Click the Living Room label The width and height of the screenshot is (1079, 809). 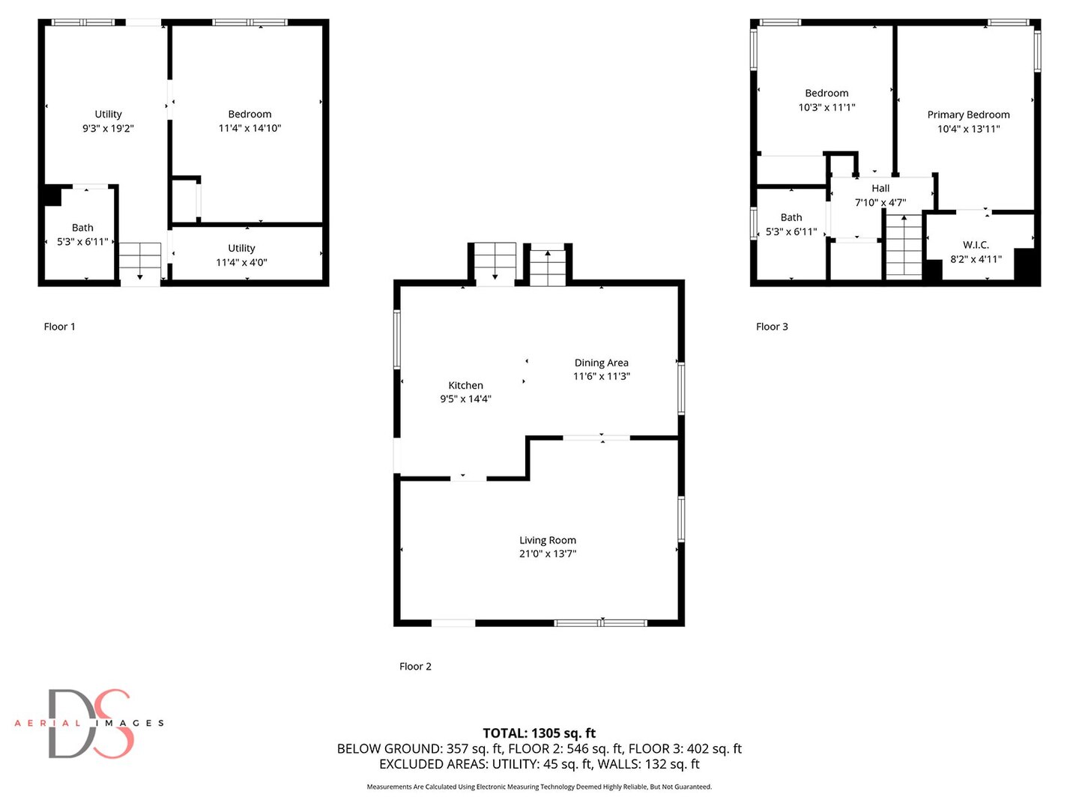point(548,540)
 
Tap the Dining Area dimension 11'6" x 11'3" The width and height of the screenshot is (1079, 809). point(601,377)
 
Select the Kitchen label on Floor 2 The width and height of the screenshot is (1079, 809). point(465,385)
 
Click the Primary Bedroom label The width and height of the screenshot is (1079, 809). point(968,115)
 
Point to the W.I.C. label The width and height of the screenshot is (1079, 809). point(976,245)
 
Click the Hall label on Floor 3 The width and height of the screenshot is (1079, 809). point(880,188)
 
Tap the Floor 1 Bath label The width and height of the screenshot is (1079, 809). point(82,228)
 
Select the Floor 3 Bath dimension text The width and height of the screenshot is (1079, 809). point(791,232)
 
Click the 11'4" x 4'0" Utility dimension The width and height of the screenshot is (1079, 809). point(241,263)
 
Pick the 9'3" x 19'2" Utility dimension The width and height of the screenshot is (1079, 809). point(108,129)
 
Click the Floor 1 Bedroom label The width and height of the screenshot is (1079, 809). point(250,114)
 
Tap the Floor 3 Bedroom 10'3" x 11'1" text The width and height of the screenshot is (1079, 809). point(826,108)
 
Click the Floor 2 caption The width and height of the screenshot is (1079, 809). point(415,667)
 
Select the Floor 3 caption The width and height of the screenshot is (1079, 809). point(772,327)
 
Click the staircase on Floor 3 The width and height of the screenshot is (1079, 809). point(904,246)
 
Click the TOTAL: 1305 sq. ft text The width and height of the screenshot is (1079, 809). point(539,733)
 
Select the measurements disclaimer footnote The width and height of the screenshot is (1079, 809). point(539,787)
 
